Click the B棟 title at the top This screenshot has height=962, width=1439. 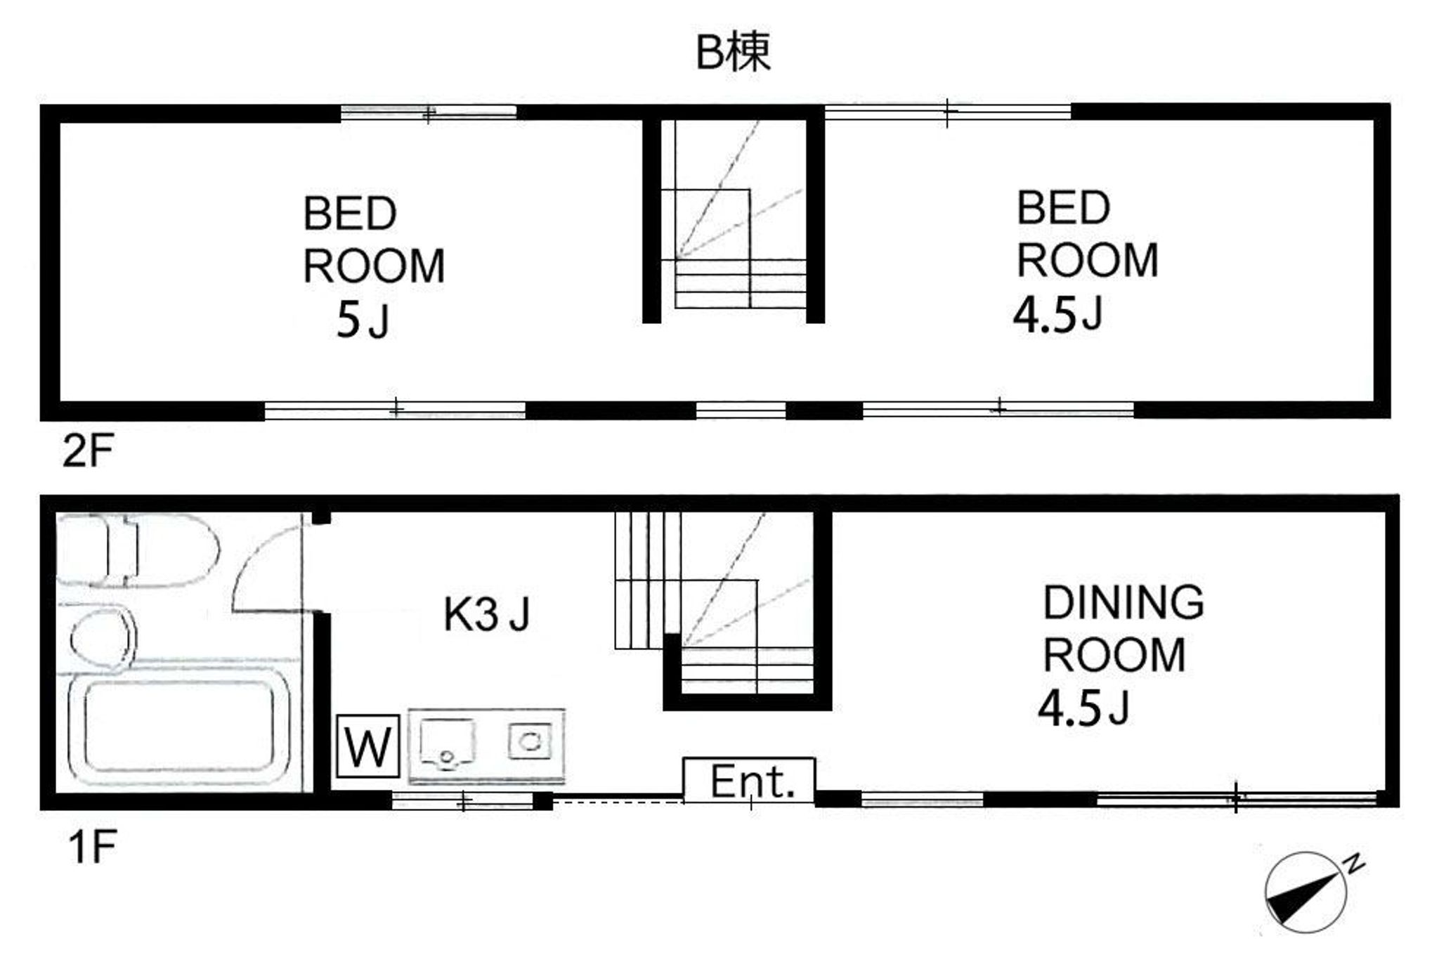(x=733, y=52)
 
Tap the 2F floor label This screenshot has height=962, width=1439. (x=88, y=450)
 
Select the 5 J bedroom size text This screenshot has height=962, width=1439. (x=363, y=321)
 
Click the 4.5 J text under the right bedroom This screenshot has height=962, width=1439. (x=1057, y=313)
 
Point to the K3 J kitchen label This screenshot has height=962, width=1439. (x=486, y=613)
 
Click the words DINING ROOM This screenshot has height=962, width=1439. (x=1122, y=628)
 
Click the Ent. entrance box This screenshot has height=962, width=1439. (x=749, y=779)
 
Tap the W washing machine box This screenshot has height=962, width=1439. (x=368, y=746)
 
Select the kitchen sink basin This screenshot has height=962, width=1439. (x=447, y=743)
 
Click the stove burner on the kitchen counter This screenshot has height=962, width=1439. (x=530, y=741)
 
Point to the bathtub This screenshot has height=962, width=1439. (x=180, y=726)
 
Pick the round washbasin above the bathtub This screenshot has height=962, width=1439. (x=103, y=639)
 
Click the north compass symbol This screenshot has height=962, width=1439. (x=1305, y=893)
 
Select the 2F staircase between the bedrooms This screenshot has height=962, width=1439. (x=734, y=214)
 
